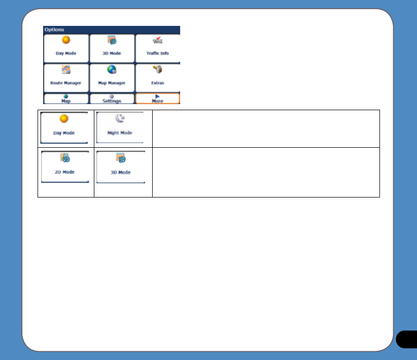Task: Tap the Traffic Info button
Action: tap(157, 48)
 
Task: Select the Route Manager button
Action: tap(66, 77)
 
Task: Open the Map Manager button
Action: tap(112, 77)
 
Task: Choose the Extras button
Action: tap(157, 77)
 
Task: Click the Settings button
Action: tap(112, 99)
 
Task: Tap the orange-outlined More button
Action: tap(157, 99)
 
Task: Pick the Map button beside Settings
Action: tap(66, 99)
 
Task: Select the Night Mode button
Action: tap(120, 127)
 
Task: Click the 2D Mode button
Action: tap(65, 167)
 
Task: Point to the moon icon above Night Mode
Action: tap(120, 119)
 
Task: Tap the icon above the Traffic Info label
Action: tap(158, 41)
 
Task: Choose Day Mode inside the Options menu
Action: tap(66, 48)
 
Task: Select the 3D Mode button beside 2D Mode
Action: tap(121, 167)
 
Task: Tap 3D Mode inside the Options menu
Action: tap(112, 48)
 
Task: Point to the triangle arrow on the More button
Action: tap(157, 95)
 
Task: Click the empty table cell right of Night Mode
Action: tap(266, 128)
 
